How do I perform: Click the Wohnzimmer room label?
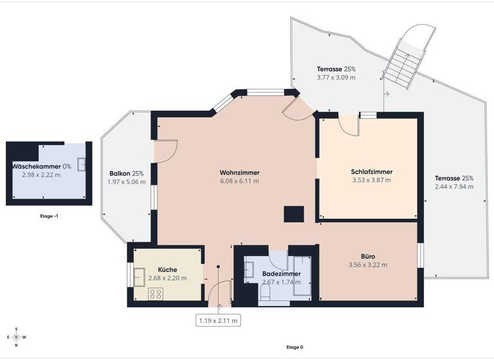pos(239,172)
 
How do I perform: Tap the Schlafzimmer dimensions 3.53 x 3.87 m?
pos(371,180)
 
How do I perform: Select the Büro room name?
pos(367,256)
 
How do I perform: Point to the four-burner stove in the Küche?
pos(156,293)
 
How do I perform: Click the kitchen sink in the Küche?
pos(139,276)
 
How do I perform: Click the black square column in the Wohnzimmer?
pos(295,213)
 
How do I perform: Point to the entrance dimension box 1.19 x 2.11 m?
pos(218,319)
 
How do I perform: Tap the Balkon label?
pos(126,174)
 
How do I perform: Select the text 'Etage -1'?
pos(49,216)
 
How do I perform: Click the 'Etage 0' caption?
pos(294,347)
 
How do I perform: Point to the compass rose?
pos(17,337)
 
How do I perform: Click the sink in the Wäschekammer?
pos(82,165)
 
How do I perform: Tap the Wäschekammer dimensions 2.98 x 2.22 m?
pos(41,174)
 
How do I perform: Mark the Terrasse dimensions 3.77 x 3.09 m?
pos(336,78)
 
